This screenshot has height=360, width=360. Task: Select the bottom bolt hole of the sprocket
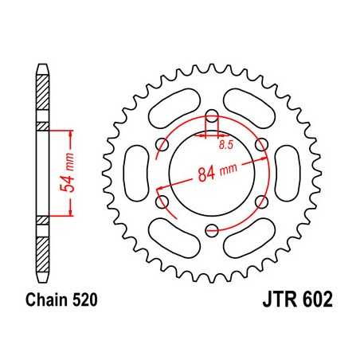pyautogui.click(x=211, y=231)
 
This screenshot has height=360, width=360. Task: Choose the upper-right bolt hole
pyautogui.click(x=261, y=144)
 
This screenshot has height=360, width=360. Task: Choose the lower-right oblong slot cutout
pyautogui.click(x=249, y=239)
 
